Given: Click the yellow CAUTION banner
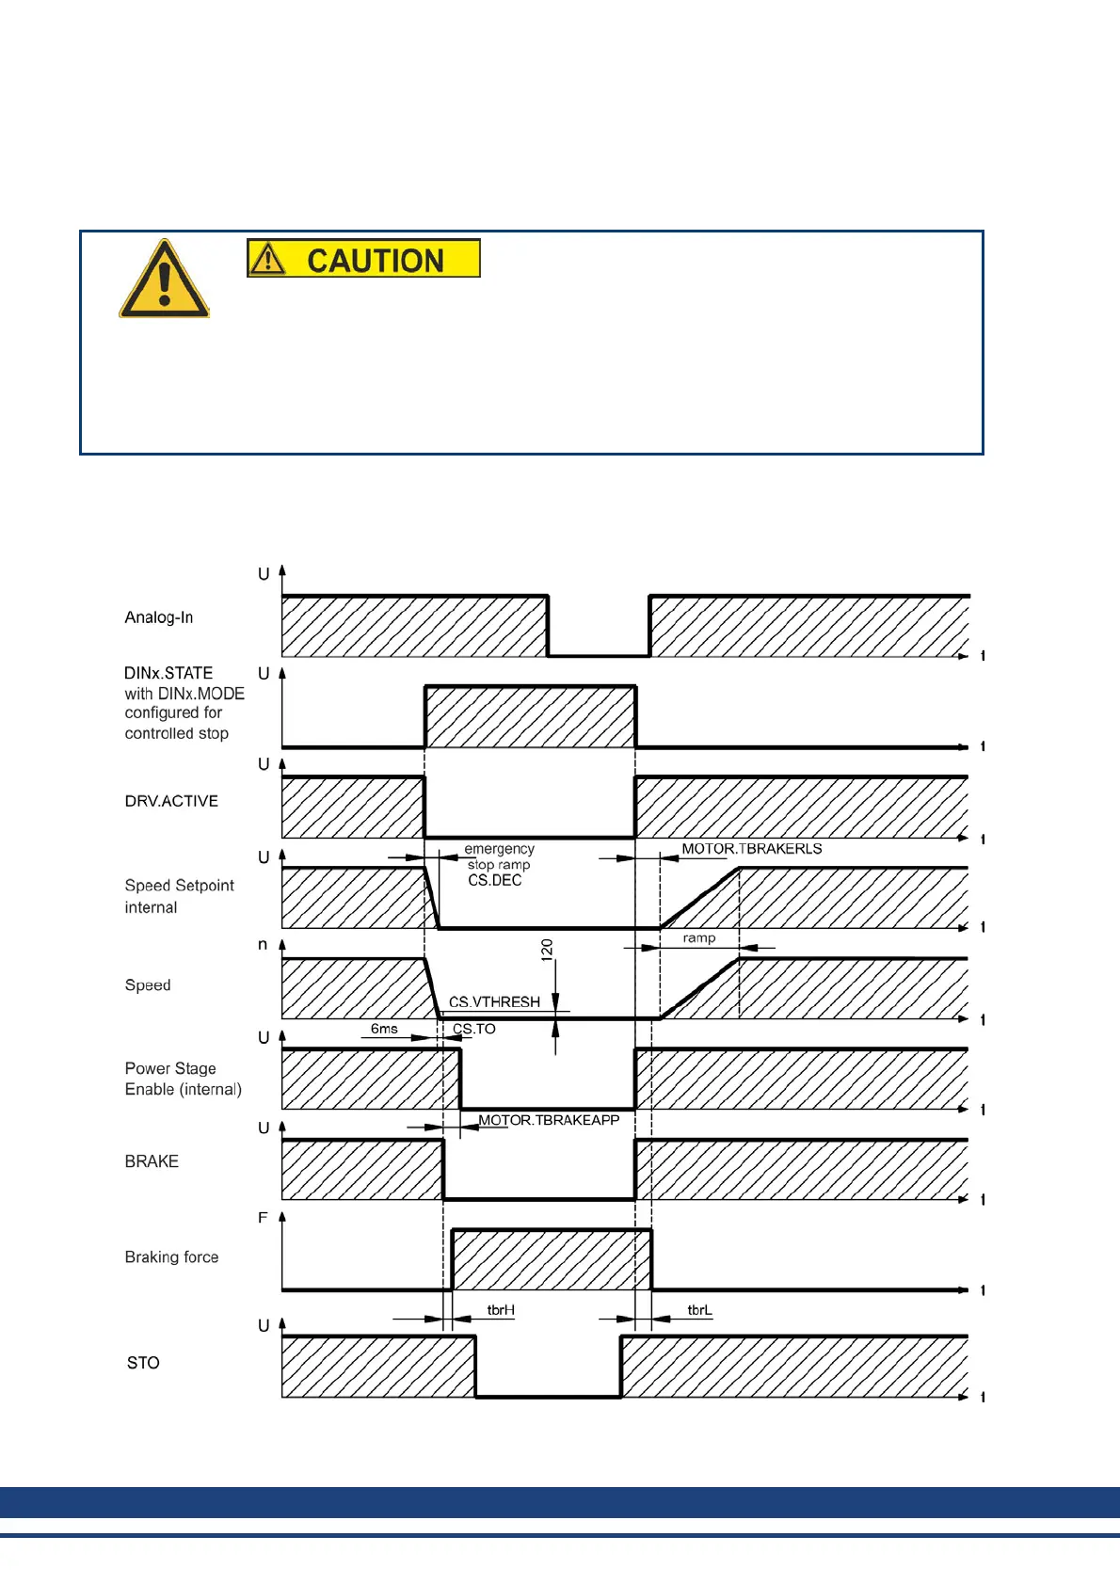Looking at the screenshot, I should (x=363, y=258).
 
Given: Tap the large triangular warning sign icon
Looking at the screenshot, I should (x=164, y=280).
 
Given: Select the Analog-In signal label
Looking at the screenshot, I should (x=159, y=617).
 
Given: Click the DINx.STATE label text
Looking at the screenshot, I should (x=168, y=673).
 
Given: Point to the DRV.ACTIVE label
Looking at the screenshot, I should (x=171, y=801).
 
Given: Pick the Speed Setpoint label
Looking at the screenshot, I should (x=179, y=886).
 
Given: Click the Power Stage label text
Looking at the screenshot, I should (x=170, y=1068).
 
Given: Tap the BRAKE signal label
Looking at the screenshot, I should (x=152, y=1161).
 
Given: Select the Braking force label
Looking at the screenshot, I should (x=171, y=1257).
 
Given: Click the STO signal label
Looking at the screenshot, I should (x=143, y=1363).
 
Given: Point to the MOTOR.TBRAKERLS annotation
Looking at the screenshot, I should (x=752, y=849).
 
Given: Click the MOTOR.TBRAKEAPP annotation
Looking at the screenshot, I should (x=549, y=1120).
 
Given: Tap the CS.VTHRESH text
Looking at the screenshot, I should (x=494, y=1002).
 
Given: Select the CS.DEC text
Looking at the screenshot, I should (x=494, y=881).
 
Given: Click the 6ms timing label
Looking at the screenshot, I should (x=384, y=1029).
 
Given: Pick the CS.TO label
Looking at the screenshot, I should (x=474, y=1029).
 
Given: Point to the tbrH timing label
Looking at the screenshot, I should (x=501, y=1310).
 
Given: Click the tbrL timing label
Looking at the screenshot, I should (x=699, y=1310).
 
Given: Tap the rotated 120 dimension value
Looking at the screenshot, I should (x=547, y=950).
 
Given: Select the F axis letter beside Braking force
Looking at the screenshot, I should (x=263, y=1218).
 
